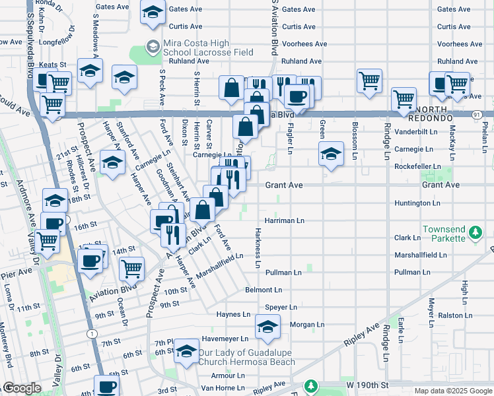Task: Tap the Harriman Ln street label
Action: (284, 220)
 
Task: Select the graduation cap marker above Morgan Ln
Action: (267, 327)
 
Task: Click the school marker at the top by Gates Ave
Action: (153, 13)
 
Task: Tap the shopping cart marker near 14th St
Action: (131, 269)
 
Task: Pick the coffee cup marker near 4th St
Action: (106, 386)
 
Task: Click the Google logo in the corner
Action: (21, 389)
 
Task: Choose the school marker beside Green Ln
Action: (331, 154)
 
